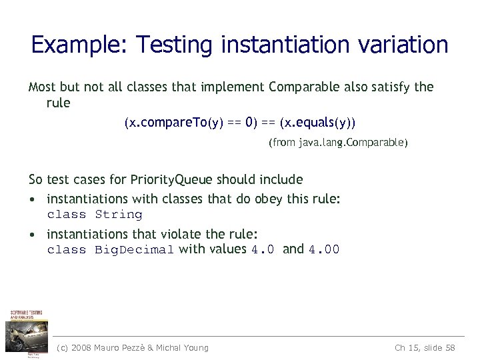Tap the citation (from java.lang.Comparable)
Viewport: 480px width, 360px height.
[338, 143]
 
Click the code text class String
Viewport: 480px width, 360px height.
[95, 215]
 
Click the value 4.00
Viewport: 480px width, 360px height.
[324, 250]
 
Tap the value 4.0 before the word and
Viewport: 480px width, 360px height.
[262, 250]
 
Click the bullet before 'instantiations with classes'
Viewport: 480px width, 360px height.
[32, 199]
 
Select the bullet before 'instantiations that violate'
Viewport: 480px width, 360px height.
[32, 235]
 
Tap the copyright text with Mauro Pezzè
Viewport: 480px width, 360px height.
[133, 347]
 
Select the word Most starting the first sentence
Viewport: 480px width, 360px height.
[42, 87]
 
